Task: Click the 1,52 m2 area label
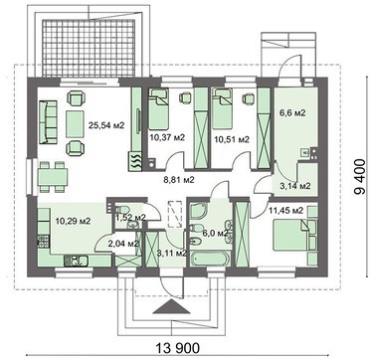[x=130, y=217]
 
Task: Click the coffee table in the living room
[x=76, y=123]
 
